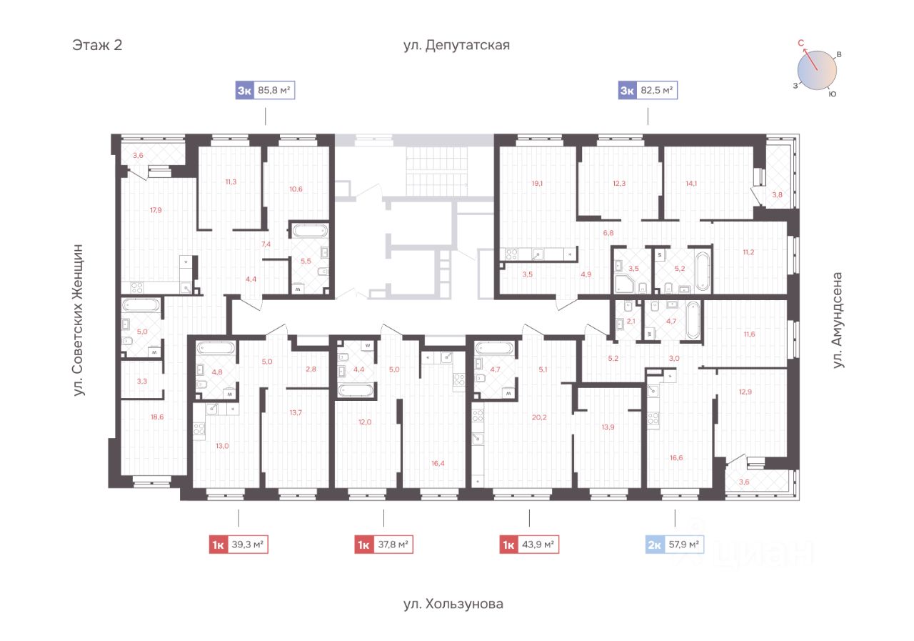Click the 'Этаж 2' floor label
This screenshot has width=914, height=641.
[97, 44]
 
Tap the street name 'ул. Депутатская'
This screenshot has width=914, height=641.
[456, 45]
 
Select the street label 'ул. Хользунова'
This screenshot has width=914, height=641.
[453, 603]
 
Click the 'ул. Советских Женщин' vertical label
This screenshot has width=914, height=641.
[78, 320]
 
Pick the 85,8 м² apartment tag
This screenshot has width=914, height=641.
[265, 90]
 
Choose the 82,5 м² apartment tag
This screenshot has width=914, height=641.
[648, 90]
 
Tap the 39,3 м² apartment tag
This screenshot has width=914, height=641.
[238, 545]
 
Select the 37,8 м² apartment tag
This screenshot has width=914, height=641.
[383, 545]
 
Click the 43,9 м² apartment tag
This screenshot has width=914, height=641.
[529, 545]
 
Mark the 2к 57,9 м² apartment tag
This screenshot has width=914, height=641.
[675, 545]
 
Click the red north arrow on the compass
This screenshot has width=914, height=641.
[810, 59]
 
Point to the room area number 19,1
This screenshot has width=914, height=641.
[538, 184]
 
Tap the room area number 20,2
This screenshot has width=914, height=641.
[539, 417]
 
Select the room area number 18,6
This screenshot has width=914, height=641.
[157, 417]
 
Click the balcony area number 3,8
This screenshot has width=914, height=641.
[778, 195]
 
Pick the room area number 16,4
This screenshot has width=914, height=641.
[438, 463]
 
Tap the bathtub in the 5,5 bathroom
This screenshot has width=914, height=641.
[310, 231]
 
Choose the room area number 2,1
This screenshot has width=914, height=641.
[631, 322]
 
